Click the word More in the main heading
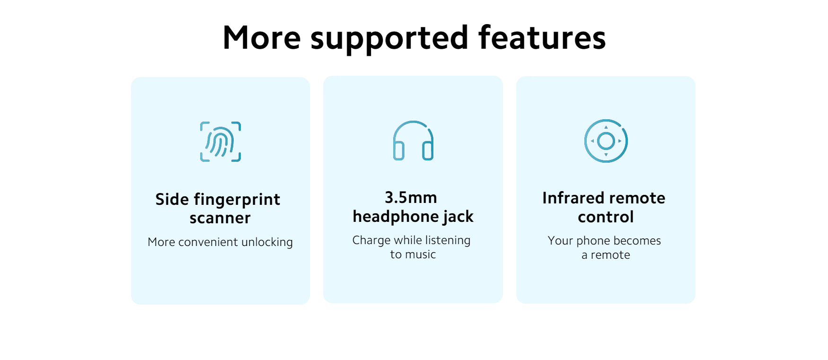point(262,38)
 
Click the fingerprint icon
point(220,141)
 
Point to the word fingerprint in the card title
point(237,200)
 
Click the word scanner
point(220,218)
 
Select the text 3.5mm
point(411,197)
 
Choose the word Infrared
point(571,198)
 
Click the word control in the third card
point(606,217)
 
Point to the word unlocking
point(267,242)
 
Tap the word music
point(421,255)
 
